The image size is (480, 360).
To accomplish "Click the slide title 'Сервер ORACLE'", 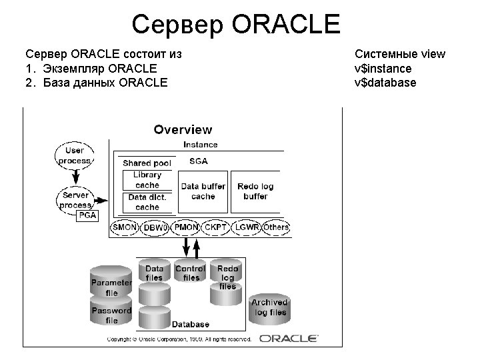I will [236, 25].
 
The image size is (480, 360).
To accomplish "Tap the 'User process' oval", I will [75, 155].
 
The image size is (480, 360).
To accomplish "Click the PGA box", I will [87, 215].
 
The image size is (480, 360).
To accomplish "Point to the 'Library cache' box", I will [147, 180].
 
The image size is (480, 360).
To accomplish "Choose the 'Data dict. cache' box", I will [147, 202].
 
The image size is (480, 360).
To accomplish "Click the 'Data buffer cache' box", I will [203, 191].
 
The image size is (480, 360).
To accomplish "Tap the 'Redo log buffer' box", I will [255, 191].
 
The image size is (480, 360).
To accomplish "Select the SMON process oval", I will [124, 227].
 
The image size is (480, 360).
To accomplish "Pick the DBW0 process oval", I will [155, 228].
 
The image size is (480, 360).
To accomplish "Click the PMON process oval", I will [187, 227].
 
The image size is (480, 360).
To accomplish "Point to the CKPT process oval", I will [216, 227].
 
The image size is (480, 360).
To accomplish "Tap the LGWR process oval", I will [247, 227].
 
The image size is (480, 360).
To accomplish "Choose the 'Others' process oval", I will [276, 227].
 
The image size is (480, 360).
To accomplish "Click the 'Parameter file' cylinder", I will [111, 287].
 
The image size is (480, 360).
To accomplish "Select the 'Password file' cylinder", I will [111, 315].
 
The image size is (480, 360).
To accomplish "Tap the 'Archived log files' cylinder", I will [269, 307].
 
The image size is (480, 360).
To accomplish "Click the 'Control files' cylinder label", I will [191, 273].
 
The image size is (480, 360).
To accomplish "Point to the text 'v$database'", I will [386, 83].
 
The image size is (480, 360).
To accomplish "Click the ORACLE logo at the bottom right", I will [288, 338].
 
